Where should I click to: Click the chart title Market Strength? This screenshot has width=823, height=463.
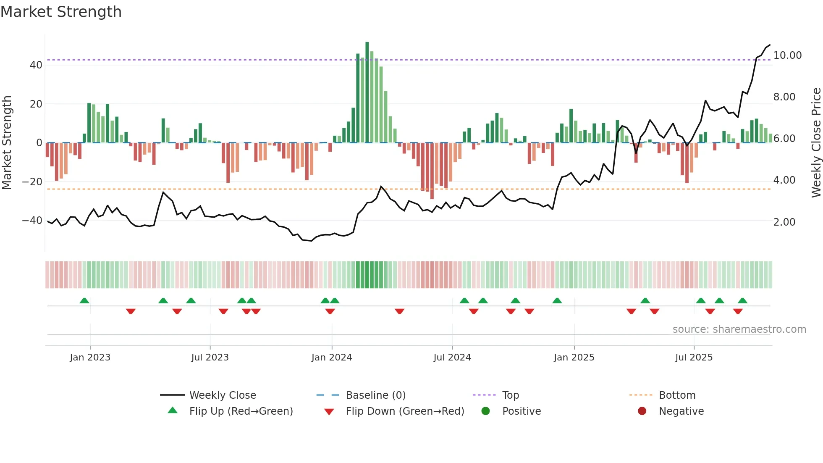pos(61,12)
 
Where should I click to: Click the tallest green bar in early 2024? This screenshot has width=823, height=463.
pos(367,92)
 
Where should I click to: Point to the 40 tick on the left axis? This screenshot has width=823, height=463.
pos(36,65)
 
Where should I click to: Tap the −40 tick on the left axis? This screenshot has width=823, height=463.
pos(32,221)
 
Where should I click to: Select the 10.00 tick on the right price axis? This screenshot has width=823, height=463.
pos(787,55)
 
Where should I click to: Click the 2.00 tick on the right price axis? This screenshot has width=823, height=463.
pos(784,222)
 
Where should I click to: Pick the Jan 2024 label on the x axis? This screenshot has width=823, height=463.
pos(331,358)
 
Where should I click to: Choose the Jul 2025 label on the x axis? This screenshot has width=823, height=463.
pos(694,358)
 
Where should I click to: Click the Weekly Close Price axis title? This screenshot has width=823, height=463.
pos(816,143)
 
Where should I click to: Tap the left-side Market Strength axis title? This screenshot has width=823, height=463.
pos(7,143)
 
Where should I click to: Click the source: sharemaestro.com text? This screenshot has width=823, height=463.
pos(739,329)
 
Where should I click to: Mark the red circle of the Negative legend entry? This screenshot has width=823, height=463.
pos(642,411)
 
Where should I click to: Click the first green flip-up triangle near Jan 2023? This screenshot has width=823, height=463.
pos(84,301)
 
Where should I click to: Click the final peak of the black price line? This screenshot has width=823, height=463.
pos(770,45)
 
